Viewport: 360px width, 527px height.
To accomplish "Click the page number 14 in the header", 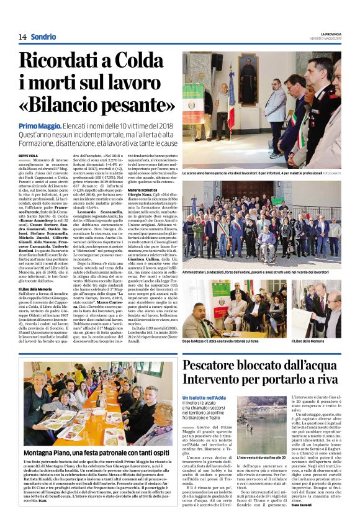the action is click(x=22, y=37).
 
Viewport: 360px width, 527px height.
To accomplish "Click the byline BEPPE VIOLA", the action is click(x=28, y=155).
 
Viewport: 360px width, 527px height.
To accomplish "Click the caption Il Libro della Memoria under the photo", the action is click(x=322, y=341).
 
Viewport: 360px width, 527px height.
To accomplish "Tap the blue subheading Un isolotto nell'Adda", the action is click(x=203, y=397).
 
